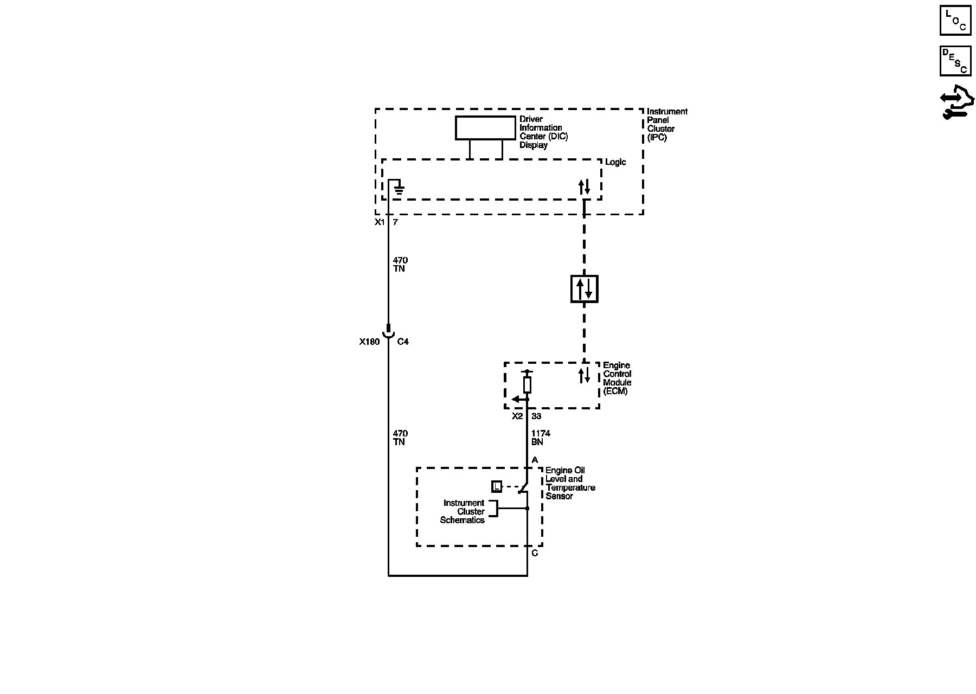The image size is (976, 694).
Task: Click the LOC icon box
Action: [x=955, y=21]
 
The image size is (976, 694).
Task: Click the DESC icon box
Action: [x=955, y=61]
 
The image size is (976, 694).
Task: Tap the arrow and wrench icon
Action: [x=957, y=103]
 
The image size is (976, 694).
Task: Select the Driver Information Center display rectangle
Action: [x=485, y=128]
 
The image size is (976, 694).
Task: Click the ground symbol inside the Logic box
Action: [x=399, y=188]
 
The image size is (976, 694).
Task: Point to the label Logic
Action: [x=615, y=162]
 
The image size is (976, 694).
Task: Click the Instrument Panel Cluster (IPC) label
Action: [x=666, y=125]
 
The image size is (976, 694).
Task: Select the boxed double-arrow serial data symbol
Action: [x=584, y=288]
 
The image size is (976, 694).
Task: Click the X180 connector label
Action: [x=369, y=342]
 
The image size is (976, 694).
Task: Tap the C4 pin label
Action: [x=403, y=342]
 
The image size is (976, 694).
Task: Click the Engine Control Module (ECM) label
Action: [x=617, y=378]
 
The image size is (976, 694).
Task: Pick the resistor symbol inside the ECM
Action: [x=527, y=385]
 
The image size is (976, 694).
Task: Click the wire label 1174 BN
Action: [x=540, y=438]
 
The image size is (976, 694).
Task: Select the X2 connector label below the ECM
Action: [x=517, y=416]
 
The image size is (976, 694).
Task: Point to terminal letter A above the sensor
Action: [x=535, y=460]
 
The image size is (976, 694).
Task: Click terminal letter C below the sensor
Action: [x=535, y=553]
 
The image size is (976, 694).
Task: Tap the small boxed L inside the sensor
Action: [x=497, y=487]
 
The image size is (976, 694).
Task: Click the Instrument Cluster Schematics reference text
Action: [x=463, y=511]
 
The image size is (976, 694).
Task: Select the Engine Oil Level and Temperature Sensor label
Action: [x=569, y=483]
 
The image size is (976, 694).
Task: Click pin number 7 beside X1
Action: [x=395, y=222]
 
